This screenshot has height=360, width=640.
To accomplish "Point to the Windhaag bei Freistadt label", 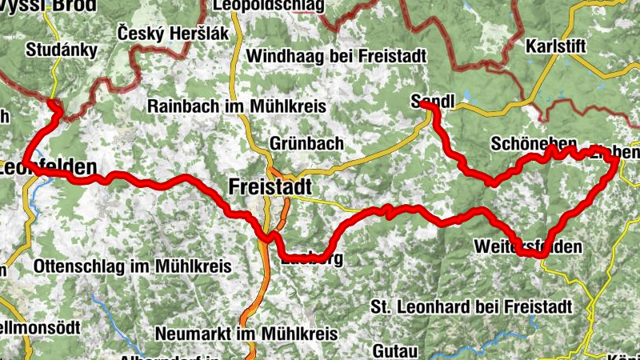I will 337,57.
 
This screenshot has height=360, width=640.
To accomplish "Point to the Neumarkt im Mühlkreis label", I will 244,333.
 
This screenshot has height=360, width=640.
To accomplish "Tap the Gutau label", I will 395,350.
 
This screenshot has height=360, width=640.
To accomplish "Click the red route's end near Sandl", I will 423,105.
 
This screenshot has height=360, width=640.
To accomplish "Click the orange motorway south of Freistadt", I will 257,296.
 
